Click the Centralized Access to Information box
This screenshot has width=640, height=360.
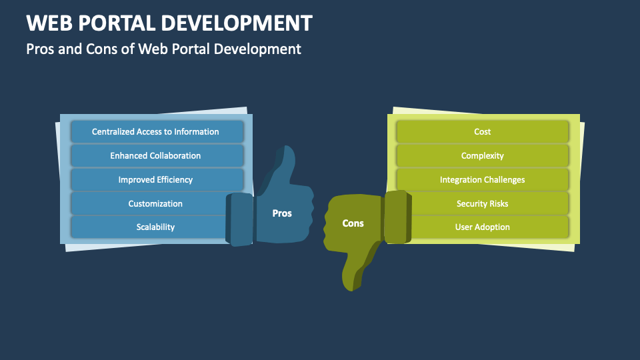[x=155, y=132]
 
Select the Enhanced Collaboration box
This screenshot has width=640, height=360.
[x=155, y=155]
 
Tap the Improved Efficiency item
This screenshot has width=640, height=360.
[x=155, y=179]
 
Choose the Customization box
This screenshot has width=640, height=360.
[x=155, y=203]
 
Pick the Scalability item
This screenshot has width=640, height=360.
[x=155, y=227]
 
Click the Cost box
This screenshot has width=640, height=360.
[x=482, y=132]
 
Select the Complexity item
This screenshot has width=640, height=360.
[x=482, y=155]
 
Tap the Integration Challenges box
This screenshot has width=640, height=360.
[x=482, y=179]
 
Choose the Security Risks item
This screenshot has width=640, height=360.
[x=482, y=203]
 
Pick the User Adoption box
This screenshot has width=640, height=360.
[x=482, y=227]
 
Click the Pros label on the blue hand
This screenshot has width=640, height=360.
[x=282, y=213]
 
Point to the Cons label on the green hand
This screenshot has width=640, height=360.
[x=353, y=223]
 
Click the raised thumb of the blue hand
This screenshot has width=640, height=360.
[x=283, y=163]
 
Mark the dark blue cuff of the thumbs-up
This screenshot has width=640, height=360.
[x=239, y=218]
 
